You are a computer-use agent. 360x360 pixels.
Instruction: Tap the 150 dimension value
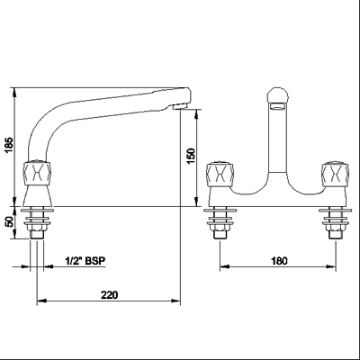tap(191, 157)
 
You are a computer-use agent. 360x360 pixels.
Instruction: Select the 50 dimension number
tap(11, 222)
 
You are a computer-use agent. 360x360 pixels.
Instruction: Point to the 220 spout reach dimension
tap(109, 295)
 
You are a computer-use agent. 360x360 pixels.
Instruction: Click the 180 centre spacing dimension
tap(279, 261)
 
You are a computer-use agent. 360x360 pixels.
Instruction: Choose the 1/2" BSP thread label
tap(85, 261)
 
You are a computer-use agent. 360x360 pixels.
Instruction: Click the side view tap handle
tap(37, 173)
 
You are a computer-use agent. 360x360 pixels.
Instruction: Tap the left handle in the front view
tap(220, 175)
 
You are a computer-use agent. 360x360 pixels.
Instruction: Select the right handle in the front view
tap(335, 175)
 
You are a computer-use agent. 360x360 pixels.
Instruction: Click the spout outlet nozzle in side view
tap(180, 107)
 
